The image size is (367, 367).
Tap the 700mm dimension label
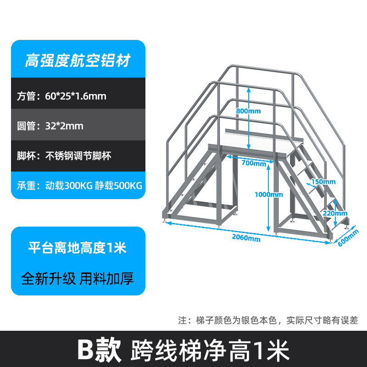pos(254,163)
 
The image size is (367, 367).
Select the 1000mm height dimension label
pos(268,194)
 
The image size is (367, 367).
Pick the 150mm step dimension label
pos(323,182)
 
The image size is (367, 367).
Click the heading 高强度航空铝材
pos(78,60)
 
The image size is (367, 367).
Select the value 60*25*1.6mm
pos(76,96)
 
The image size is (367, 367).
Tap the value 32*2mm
pos(65,126)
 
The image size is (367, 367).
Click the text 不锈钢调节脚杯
pos(78,156)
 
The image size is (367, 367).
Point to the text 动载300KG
pos(69,185)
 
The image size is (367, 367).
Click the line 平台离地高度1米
pos(78,248)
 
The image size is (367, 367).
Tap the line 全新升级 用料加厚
pos(78,278)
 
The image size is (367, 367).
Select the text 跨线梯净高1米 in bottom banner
pos(211,350)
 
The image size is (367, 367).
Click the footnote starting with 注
pos(268,320)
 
